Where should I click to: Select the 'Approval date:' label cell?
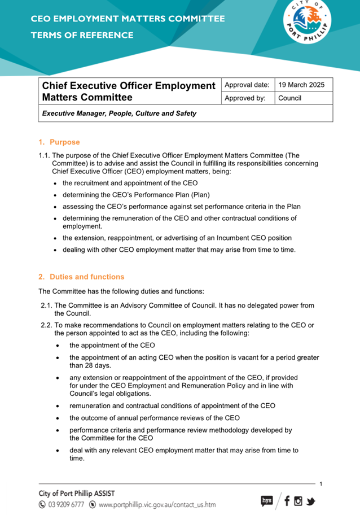(247, 85)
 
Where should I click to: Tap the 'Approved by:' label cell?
(245, 98)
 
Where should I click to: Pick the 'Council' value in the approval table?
(290, 98)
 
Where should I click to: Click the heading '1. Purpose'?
(59, 142)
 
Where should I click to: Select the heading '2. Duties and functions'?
(81, 277)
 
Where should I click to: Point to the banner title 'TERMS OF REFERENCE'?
(82, 36)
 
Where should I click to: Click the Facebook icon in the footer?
(287, 500)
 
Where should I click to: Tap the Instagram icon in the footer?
(298, 500)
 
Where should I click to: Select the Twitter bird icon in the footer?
(310, 500)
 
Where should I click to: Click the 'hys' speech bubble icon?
(267, 500)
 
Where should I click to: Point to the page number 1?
(321, 484)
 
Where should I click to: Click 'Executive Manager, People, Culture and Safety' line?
(119, 113)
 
